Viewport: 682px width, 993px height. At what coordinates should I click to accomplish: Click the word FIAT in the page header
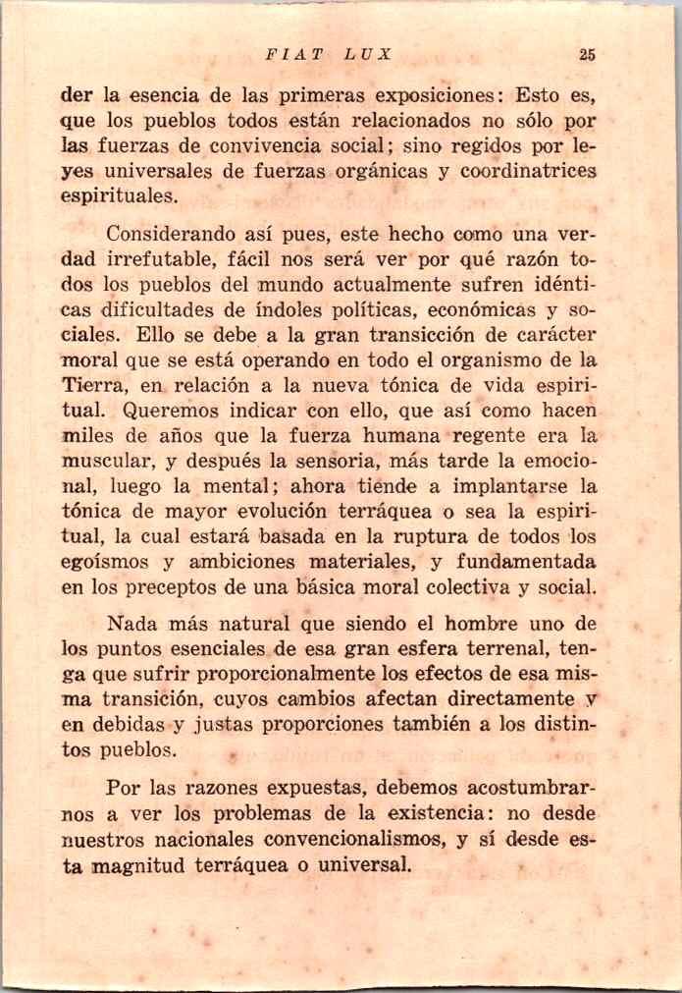(288, 56)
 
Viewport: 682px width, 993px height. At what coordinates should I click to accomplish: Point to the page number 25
(587, 56)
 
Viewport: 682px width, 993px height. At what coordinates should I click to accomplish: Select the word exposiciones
(442, 98)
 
